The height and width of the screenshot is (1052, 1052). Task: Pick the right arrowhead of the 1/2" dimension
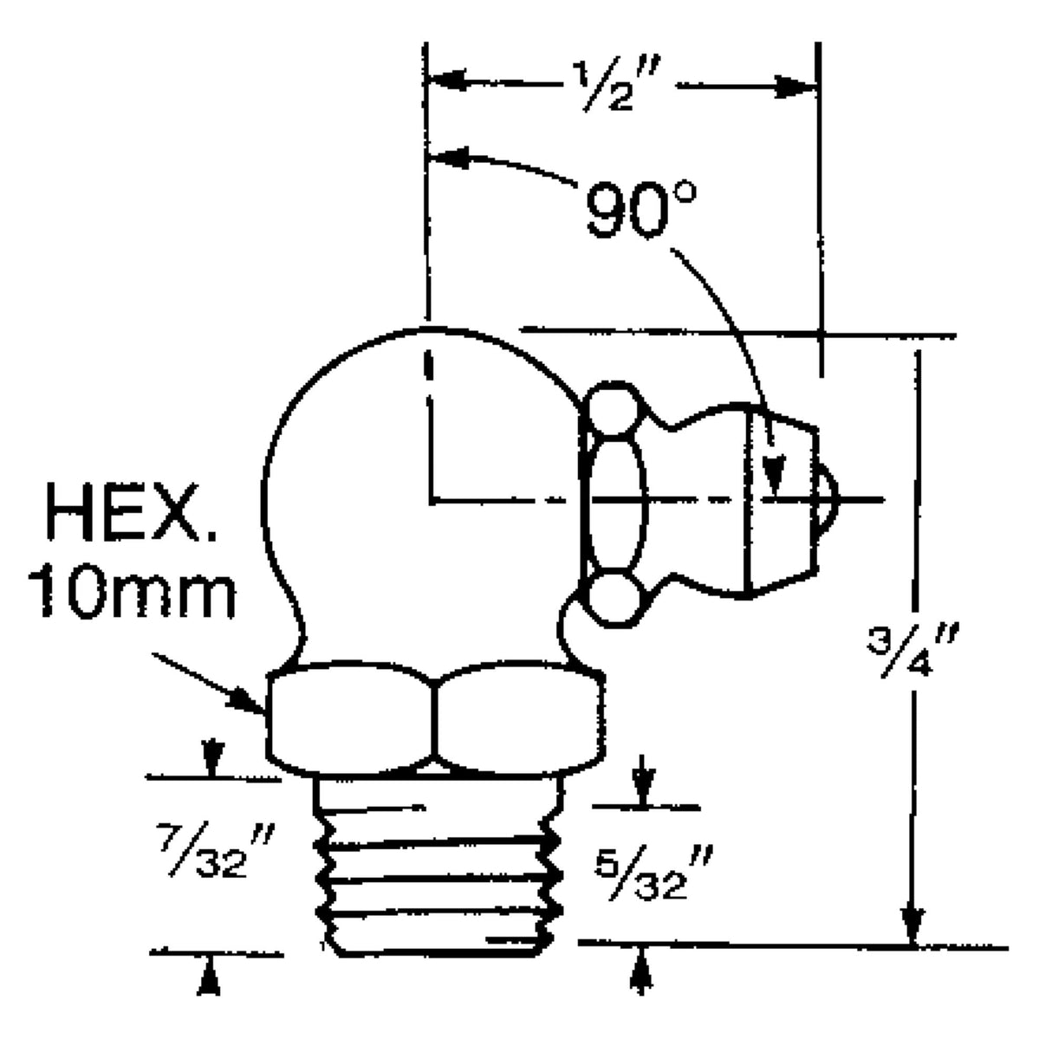pos(798,87)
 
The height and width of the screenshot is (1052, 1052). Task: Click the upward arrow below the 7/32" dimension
pos(209,979)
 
